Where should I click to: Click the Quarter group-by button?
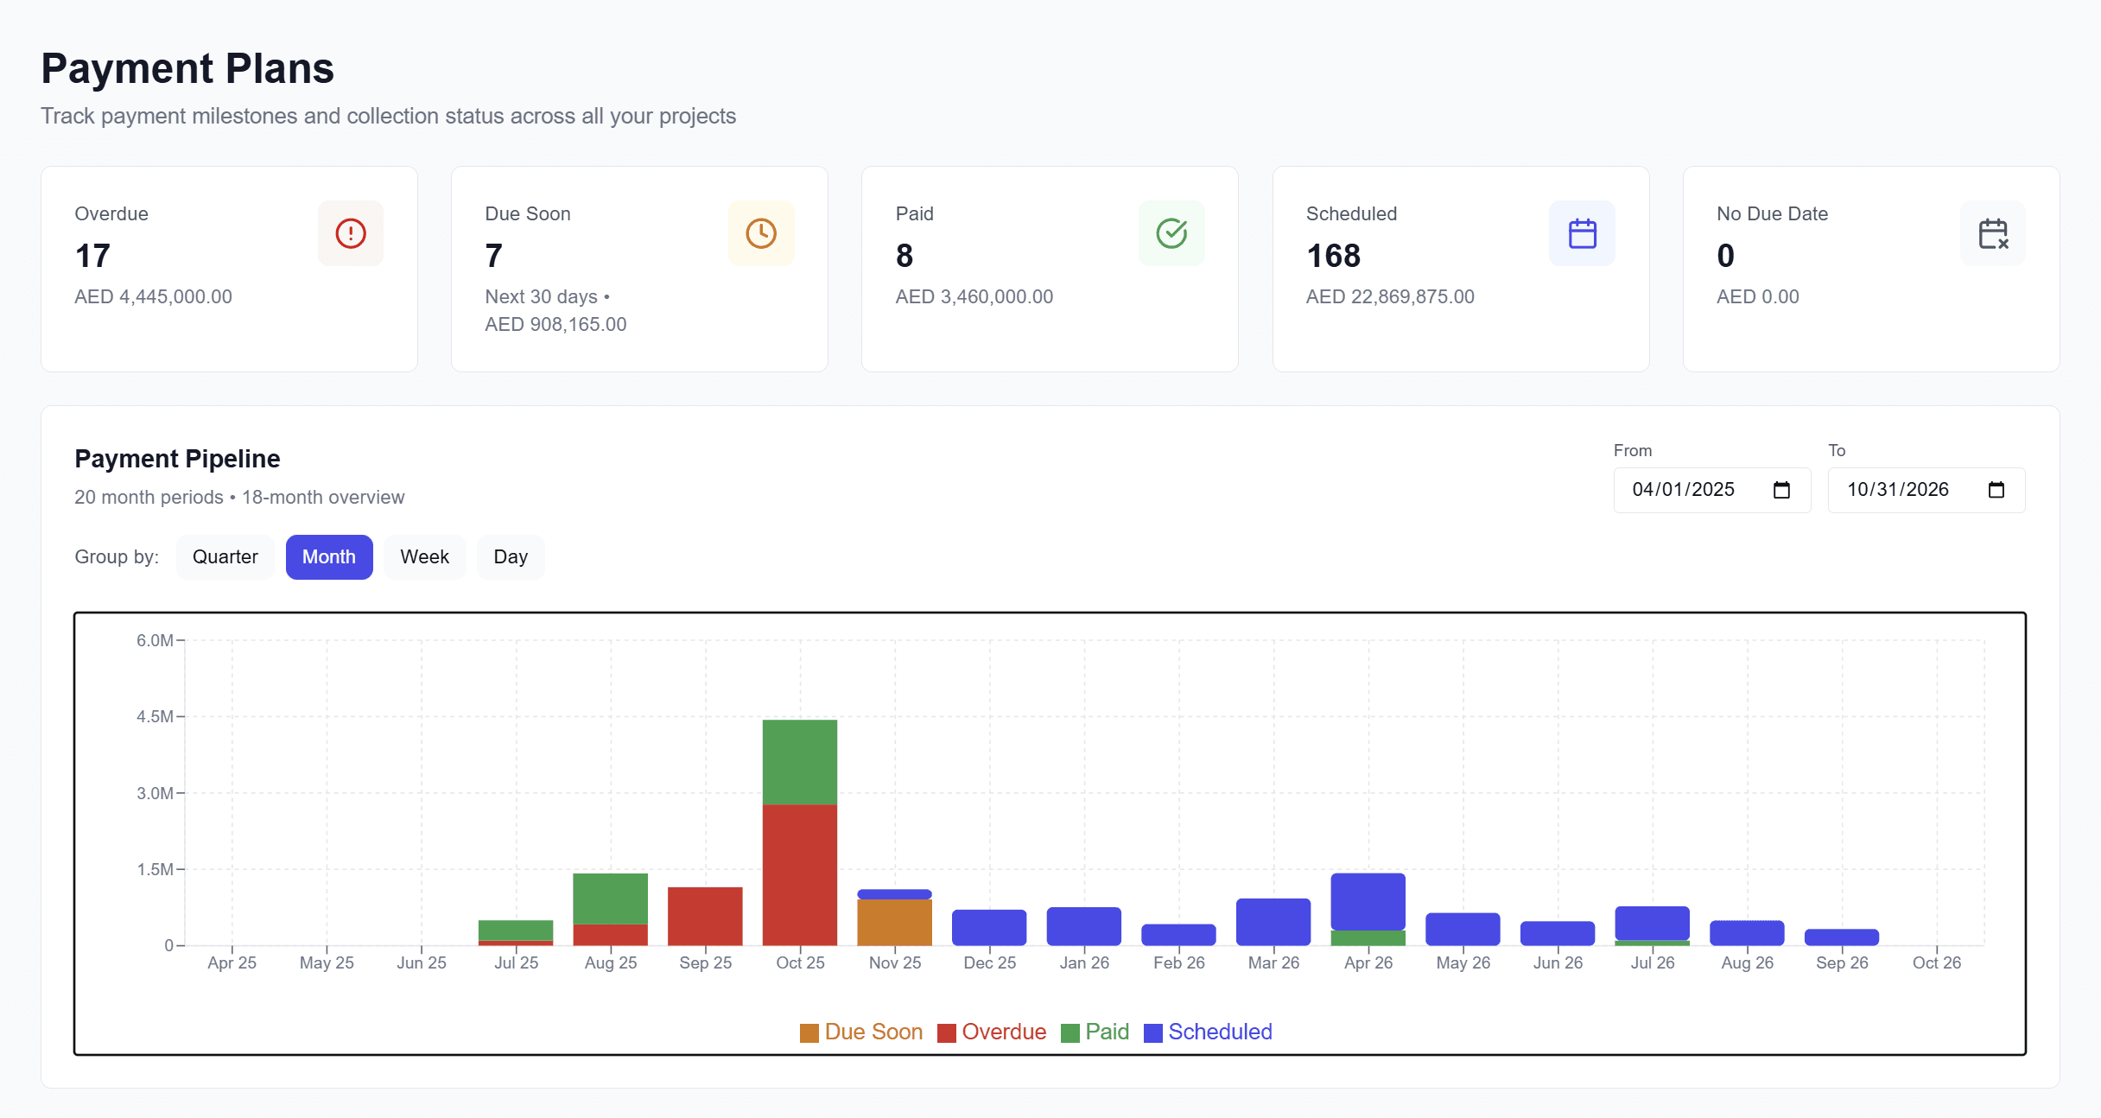tap(225, 557)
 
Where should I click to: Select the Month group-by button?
tap(328, 557)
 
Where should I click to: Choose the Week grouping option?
tap(424, 557)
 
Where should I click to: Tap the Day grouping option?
tap(511, 557)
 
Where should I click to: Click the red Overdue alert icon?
tap(351, 233)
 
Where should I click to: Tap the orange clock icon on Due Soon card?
tap(761, 233)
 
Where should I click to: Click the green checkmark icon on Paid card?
tap(1171, 233)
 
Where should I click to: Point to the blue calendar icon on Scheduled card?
tap(1582, 233)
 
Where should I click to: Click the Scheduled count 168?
tap(1333, 256)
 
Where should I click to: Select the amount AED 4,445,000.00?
tap(153, 296)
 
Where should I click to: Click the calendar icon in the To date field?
tap(1996, 490)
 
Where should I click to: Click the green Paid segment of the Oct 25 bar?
tap(799, 762)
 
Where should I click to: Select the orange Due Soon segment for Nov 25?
tap(894, 922)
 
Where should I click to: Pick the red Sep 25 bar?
tap(705, 916)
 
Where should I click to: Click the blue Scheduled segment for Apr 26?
tap(1368, 901)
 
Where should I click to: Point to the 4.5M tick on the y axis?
tap(155, 716)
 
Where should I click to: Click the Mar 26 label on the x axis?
tap(1273, 962)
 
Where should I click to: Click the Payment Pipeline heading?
tap(177, 459)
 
